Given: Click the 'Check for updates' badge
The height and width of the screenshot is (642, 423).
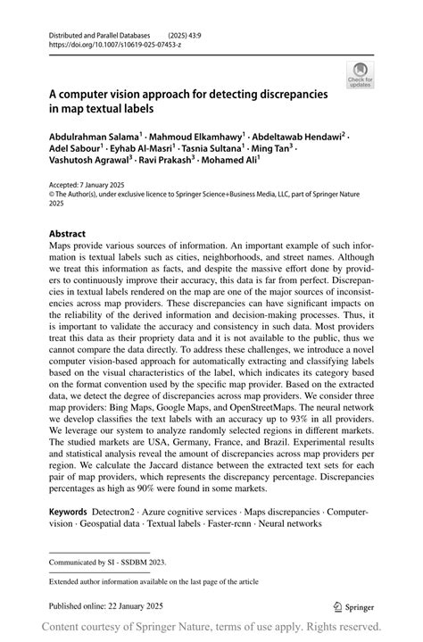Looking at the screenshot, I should point(361,74).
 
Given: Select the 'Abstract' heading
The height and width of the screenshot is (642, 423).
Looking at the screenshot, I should point(68,233).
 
